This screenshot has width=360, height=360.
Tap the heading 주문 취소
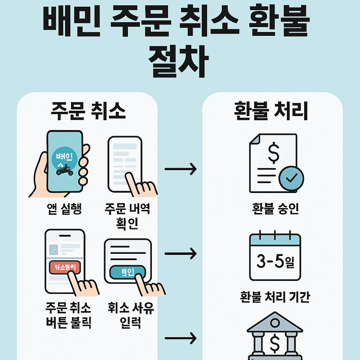(88, 112)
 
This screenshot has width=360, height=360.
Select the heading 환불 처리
(271, 112)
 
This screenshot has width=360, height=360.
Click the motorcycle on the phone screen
(65, 171)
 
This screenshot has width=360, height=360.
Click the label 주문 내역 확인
(127, 216)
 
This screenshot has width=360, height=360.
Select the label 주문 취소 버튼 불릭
(69, 315)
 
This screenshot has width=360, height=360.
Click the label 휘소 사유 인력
(131, 315)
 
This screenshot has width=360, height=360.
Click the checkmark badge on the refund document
(291, 178)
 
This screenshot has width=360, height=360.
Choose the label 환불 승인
(275, 208)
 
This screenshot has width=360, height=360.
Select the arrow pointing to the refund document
(180, 169)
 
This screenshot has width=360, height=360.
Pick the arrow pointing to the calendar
(180, 253)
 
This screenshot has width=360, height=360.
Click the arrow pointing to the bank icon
(180, 339)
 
